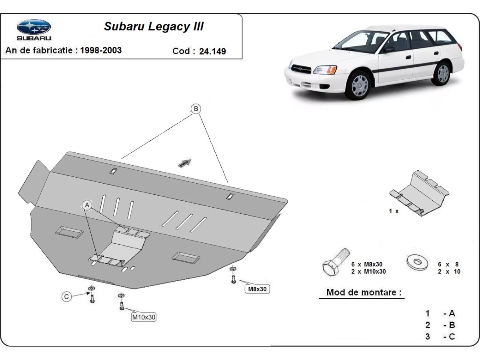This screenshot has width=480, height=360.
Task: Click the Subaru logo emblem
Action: tap(34, 27)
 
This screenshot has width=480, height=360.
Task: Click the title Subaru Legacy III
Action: tap(154, 26)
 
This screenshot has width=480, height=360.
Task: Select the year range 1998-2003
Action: tap(101, 50)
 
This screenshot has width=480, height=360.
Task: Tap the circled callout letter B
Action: tap(196, 109)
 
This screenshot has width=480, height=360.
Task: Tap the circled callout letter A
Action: tap(87, 205)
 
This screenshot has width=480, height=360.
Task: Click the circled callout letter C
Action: tap(67, 296)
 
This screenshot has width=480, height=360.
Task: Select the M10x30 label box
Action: tap(144, 317)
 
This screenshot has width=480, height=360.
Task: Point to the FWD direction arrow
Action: tap(185, 162)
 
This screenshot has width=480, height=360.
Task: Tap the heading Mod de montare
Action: tap(364, 292)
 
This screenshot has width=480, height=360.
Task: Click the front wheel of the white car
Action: tap(359, 85)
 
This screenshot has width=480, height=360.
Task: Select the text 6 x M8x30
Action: tap(367, 264)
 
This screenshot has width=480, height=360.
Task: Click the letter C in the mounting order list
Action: tap(452, 336)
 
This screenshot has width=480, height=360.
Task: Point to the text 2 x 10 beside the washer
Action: tap(449, 272)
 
